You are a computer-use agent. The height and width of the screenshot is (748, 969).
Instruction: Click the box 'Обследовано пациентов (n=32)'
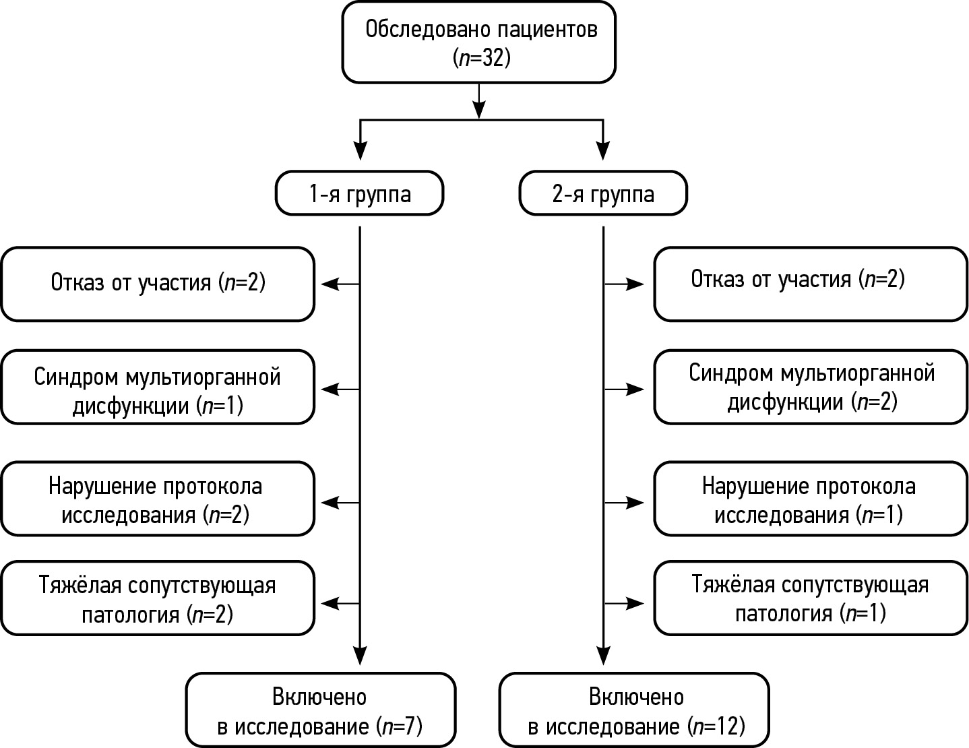(478, 42)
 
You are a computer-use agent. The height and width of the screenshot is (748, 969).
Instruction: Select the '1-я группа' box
(359, 194)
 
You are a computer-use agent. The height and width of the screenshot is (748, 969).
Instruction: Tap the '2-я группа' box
(603, 194)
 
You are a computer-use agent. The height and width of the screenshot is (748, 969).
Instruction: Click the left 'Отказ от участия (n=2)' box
(158, 283)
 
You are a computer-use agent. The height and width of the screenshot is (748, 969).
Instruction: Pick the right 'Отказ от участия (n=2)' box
(810, 283)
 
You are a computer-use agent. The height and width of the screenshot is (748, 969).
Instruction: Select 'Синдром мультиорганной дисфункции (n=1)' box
(158, 387)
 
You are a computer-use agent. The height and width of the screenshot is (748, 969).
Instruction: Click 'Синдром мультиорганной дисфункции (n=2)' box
(810, 387)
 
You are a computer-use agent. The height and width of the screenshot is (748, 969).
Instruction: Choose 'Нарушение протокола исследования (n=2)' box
(158, 499)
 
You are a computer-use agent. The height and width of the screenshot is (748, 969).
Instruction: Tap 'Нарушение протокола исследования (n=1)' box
(810, 499)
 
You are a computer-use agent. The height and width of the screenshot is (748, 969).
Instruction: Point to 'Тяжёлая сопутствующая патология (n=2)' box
(158, 598)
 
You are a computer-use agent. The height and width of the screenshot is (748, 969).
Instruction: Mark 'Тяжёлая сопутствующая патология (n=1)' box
(810, 598)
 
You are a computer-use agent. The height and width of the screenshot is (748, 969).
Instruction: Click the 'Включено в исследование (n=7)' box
(320, 710)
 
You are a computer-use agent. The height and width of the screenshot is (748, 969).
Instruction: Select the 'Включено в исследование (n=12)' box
(634, 710)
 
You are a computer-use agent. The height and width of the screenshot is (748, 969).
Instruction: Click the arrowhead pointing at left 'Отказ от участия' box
(330, 284)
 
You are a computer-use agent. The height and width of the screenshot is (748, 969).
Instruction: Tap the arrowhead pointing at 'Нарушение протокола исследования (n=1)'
(636, 502)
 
